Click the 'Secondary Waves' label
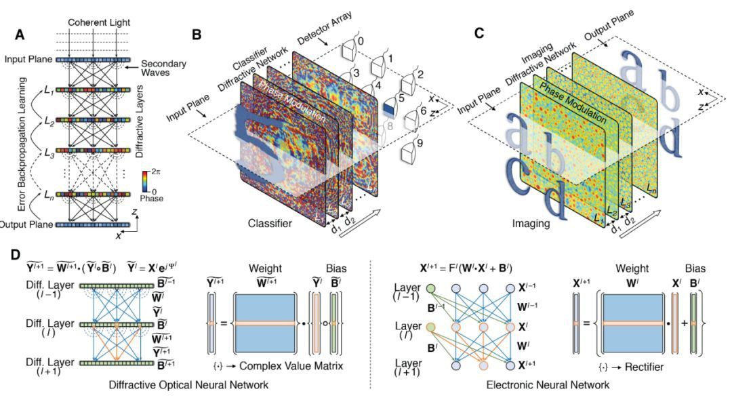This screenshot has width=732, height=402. tap(164, 69)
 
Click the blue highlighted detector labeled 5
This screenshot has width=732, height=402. tap(388, 107)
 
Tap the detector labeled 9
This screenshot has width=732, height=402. tap(409, 148)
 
